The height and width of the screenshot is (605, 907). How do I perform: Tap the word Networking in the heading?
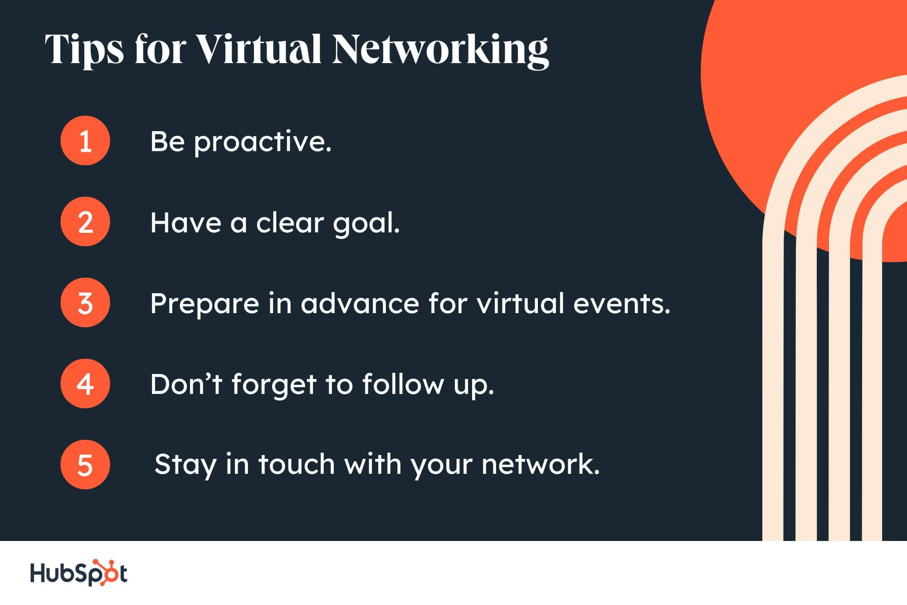click(x=440, y=51)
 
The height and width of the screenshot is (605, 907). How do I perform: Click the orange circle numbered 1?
click(x=85, y=141)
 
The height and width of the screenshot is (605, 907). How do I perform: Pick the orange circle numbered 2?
click(x=85, y=222)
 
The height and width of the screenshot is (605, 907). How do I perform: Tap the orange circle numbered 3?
click(x=85, y=303)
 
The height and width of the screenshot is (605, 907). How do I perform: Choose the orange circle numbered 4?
click(x=85, y=384)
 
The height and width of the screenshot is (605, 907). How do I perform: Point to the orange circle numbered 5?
click(x=85, y=465)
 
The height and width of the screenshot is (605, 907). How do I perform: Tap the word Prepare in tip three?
click(x=205, y=305)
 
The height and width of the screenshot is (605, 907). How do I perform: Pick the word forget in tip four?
click(x=273, y=385)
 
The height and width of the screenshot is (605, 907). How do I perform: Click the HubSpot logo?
click(x=78, y=573)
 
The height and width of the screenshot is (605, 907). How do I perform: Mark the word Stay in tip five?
click(x=185, y=466)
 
